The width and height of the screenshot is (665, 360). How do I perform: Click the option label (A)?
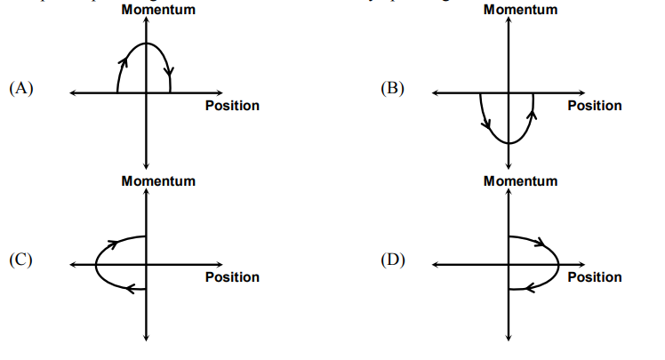(20, 89)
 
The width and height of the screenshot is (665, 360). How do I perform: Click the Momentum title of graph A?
(158, 10)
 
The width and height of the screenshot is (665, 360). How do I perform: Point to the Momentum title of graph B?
(521, 10)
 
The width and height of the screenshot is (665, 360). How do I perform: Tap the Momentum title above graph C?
(158, 180)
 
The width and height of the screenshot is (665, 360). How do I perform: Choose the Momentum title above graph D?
(521, 180)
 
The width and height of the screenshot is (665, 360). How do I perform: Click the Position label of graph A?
(232, 106)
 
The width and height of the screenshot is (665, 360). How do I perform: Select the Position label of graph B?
(595, 106)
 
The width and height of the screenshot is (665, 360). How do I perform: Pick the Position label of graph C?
(232, 277)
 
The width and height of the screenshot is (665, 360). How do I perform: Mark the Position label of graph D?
(595, 277)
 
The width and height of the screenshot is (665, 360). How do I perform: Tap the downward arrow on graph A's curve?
(168, 70)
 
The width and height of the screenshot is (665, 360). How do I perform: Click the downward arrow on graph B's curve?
(485, 122)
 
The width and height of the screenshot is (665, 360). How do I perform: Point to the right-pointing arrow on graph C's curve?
(114, 242)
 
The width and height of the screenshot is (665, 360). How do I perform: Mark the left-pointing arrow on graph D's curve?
(528, 287)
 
